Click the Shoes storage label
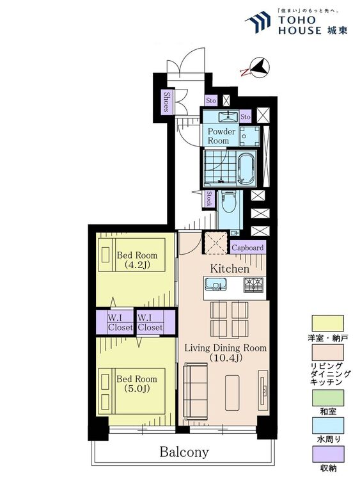pos(167,102)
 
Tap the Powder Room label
pos(221,136)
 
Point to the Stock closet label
pos(208,199)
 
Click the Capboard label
pos(247,248)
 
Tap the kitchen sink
pos(215,284)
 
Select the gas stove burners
pos(254,285)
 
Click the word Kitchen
pos(230,269)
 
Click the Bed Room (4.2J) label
pos(137,260)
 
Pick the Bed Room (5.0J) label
pos(137,383)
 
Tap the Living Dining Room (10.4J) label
pos(226,353)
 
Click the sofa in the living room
pos(196,392)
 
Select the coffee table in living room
pos(232,392)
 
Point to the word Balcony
pos(184,452)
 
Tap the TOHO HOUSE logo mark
pos(258,22)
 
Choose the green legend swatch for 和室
pos(327,397)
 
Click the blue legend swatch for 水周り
pos(327,426)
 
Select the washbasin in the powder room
pos(228,116)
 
